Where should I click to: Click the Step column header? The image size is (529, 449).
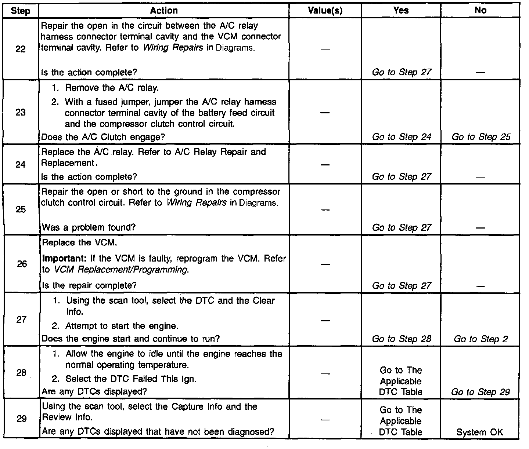(x=21, y=11)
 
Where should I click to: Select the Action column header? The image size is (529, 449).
(x=164, y=11)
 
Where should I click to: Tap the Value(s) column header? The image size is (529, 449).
(x=325, y=11)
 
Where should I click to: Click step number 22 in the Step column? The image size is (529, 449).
(x=21, y=49)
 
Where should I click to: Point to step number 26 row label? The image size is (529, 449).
(x=22, y=264)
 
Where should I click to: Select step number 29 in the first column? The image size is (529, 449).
(x=22, y=419)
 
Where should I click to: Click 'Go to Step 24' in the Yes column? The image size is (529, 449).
(x=401, y=137)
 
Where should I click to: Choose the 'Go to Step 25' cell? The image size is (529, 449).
(x=481, y=137)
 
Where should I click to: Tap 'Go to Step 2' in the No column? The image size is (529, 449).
(x=481, y=339)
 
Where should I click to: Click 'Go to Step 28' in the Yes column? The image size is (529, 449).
(x=401, y=339)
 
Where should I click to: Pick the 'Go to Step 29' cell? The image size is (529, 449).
(x=481, y=392)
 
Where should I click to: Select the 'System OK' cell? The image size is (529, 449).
(x=480, y=432)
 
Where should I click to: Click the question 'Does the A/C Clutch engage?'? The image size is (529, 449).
(x=103, y=137)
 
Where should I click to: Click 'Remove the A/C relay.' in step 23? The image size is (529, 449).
(x=112, y=88)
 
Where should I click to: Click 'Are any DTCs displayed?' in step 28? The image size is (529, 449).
(x=94, y=391)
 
